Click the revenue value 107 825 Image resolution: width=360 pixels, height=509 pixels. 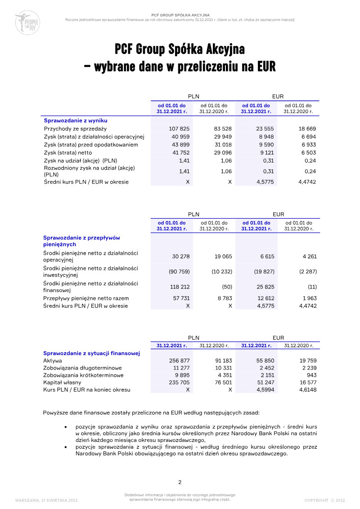click(179, 129)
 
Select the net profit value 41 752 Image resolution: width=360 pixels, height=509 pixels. click(180, 153)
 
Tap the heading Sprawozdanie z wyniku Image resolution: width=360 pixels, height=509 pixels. click(75, 121)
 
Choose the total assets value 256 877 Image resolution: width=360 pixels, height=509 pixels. click(179, 360)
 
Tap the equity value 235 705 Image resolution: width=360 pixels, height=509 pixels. click(179, 383)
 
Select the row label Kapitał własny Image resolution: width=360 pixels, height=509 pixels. click(62, 383)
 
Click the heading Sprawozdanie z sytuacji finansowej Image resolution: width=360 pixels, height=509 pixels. click(91, 353)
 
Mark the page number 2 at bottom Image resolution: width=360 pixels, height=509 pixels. click(180, 482)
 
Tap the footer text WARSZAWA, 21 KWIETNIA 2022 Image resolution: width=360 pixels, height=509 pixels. click(46, 500)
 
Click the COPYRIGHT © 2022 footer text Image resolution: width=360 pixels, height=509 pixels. click(324, 500)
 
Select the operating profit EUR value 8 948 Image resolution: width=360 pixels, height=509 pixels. click(265, 137)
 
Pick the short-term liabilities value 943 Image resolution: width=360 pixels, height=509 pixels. click(311, 375)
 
